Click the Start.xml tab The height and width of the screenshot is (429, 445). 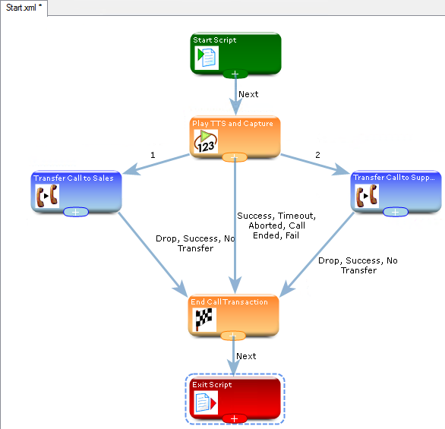(x=24, y=8)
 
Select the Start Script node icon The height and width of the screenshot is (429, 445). (x=207, y=58)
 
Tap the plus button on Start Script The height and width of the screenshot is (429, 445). (x=235, y=74)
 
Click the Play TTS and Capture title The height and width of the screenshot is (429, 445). (x=232, y=124)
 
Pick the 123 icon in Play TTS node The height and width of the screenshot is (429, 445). (x=206, y=141)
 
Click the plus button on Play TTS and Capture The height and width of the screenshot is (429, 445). (x=235, y=157)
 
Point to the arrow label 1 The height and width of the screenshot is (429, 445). (x=153, y=155)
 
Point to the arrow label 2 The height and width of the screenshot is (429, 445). (x=317, y=155)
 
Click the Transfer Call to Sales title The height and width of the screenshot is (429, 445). (x=74, y=178)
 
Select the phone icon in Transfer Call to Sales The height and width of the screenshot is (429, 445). (x=47, y=196)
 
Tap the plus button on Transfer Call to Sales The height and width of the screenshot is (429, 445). (x=76, y=212)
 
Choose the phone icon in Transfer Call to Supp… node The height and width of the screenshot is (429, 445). (x=367, y=196)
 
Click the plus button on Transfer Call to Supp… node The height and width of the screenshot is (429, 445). (x=396, y=212)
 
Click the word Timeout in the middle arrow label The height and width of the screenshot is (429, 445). (x=297, y=216)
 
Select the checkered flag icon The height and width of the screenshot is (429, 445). (x=204, y=320)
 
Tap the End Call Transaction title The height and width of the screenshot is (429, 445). (x=229, y=302)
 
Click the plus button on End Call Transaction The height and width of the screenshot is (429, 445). (x=233, y=336)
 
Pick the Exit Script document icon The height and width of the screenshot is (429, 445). (x=206, y=402)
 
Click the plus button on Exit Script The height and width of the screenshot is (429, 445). (x=235, y=418)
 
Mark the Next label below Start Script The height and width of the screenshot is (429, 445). (x=248, y=94)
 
